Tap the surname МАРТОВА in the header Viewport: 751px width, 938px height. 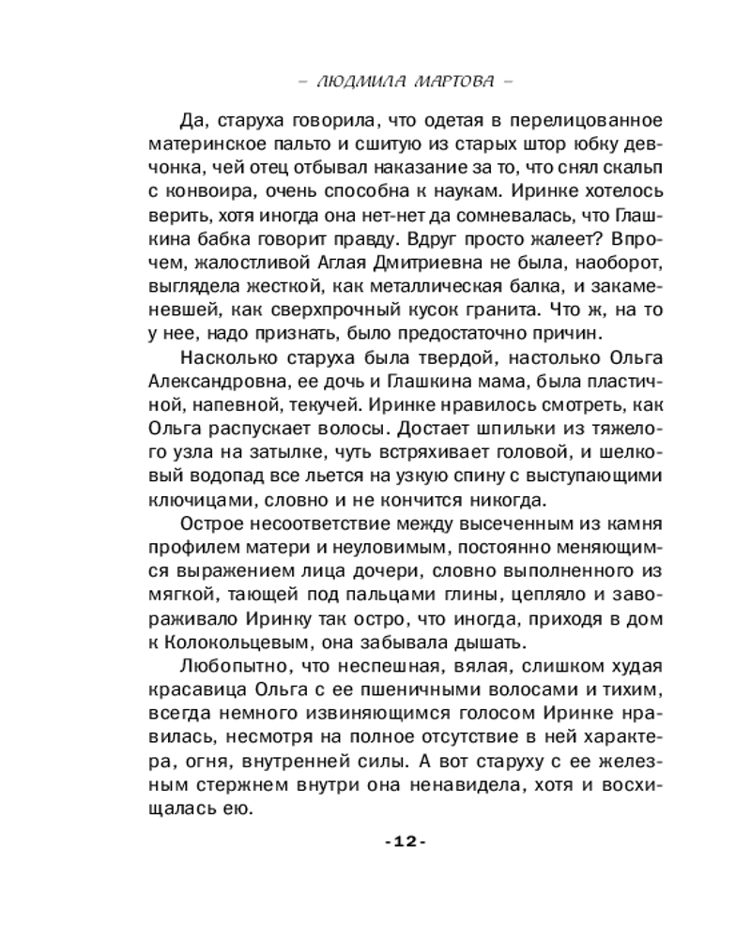451,82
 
